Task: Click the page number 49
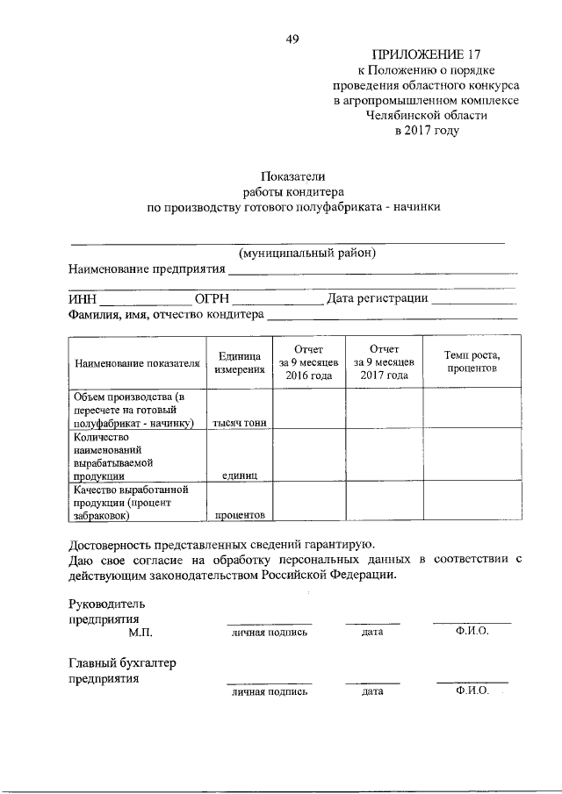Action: pyautogui.click(x=292, y=39)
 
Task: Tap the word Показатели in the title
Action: pyautogui.click(x=292, y=176)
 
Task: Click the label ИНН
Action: pyautogui.click(x=83, y=298)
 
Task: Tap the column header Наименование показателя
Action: pyautogui.click(x=136, y=362)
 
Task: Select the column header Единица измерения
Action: pyautogui.click(x=239, y=362)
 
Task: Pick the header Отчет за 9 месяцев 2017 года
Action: pyautogui.click(x=384, y=362)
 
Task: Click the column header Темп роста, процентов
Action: pyautogui.click(x=472, y=362)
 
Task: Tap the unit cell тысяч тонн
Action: pyautogui.click(x=239, y=423)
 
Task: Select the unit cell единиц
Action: pyautogui.click(x=239, y=475)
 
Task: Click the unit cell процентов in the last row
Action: pyautogui.click(x=239, y=515)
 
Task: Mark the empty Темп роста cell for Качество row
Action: pyautogui.click(x=472, y=502)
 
